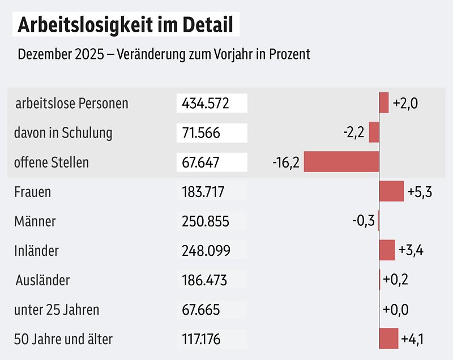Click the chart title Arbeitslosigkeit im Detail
pos(126,25)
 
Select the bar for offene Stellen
pos(341,161)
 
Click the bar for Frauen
pos(391,191)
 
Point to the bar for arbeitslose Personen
pos(384,103)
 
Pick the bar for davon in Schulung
pos(374,132)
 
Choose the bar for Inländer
pos(387,250)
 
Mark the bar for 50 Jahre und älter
pos(389,338)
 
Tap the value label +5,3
pos(420,192)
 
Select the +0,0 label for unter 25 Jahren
pos(396,310)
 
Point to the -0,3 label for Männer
pos(363,221)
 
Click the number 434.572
pos(205,104)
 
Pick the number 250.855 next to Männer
pos(206,221)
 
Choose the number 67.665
pos(201,310)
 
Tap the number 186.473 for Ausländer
pos(204,280)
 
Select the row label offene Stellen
pos(52,162)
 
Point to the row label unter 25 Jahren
pos(57,310)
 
